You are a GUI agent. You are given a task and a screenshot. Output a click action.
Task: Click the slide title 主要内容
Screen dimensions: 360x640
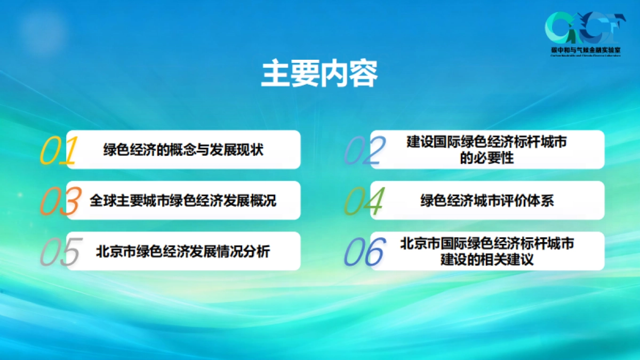click(319, 74)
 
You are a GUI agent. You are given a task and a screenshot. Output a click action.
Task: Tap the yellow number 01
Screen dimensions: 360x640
click(59, 151)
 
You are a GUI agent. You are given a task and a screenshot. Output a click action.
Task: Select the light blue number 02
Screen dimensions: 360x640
click(365, 151)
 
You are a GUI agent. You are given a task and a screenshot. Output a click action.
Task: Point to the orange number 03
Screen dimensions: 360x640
click(60, 202)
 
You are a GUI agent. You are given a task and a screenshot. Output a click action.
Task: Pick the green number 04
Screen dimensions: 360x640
click(364, 202)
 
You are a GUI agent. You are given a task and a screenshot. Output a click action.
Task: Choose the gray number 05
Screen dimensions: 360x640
click(60, 252)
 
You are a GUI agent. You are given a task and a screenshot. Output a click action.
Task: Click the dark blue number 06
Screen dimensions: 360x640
click(365, 252)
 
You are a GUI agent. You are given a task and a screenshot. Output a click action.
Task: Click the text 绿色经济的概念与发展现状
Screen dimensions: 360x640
click(183, 150)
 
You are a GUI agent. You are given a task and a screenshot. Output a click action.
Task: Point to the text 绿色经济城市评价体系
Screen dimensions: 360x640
click(487, 201)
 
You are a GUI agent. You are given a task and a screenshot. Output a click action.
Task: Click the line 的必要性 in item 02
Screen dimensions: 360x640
click(487, 158)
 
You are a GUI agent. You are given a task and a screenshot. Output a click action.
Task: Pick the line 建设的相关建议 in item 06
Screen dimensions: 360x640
click(487, 260)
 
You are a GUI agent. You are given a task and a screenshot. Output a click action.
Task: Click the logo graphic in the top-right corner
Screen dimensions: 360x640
click(586, 28)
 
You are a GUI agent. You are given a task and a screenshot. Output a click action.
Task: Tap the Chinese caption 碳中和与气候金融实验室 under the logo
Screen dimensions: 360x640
click(586, 50)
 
